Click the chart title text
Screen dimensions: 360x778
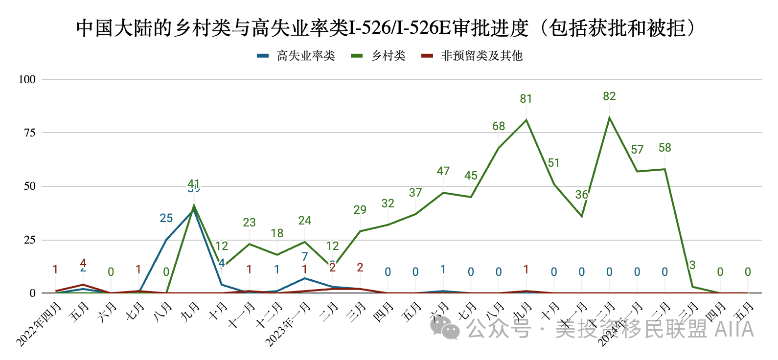pyautogui.click(x=386, y=28)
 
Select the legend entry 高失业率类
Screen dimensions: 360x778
pyautogui.click(x=306, y=56)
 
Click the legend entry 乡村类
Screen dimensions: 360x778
pyautogui.click(x=388, y=56)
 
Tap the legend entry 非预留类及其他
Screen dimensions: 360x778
pyautogui.click(x=481, y=56)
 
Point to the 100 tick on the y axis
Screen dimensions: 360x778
pyautogui.click(x=27, y=79)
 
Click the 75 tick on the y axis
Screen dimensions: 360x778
pyautogui.click(x=30, y=133)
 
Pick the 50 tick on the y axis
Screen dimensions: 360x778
pyautogui.click(x=30, y=186)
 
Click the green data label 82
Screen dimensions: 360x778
pyautogui.click(x=609, y=96)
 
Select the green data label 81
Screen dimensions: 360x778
pyautogui.click(x=526, y=99)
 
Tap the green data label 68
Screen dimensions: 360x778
pyautogui.click(x=499, y=126)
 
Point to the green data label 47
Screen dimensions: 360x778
pyautogui.click(x=443, y=171)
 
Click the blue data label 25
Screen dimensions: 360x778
pyautogui.click(x=166, y=218)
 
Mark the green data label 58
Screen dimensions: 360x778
pyautogui.click(x=664, y=148)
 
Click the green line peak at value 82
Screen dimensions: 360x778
pyautogui.click(x=609, y=117)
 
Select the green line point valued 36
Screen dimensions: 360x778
pyautogui.click(x=582, y=216)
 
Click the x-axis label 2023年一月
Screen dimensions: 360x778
pyautogui.click(x=289, y=324)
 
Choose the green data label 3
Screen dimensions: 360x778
pyautogui.click(x=692, y=265)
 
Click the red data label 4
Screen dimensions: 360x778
pyautogui.click(x=83, y=263)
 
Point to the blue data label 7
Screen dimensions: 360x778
pyautogui.click(x=305, y=257)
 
